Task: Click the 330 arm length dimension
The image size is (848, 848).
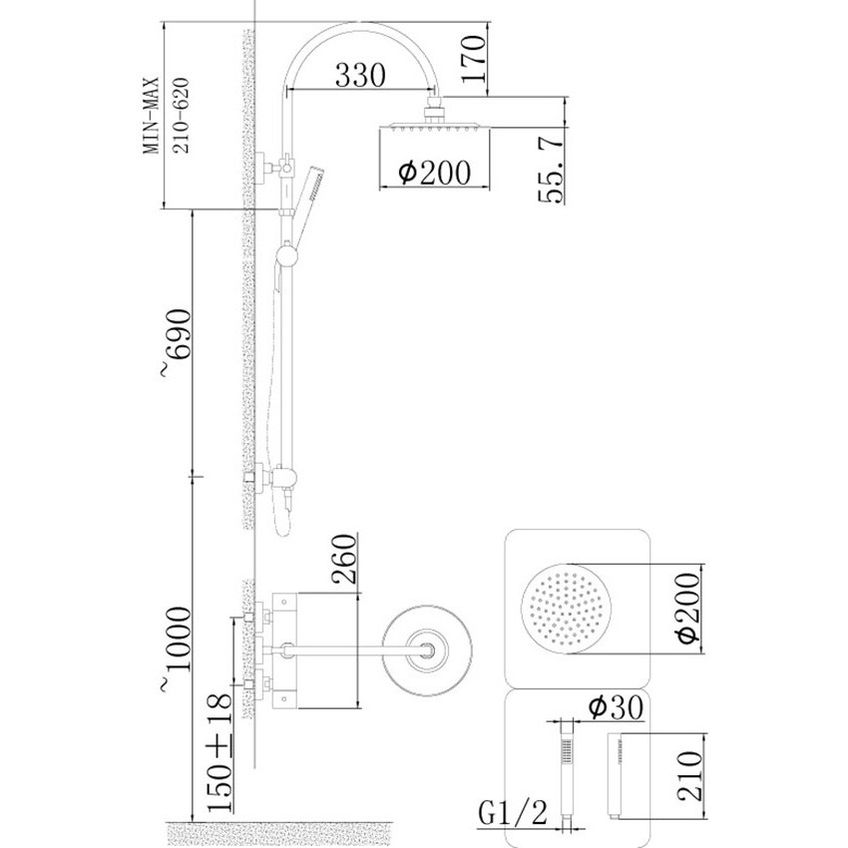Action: pyautogui.click(x=360, y=75)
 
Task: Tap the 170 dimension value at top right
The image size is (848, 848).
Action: pyautogui.click(x=474, y=59)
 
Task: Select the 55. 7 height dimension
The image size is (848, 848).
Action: pyautogui.click(x=551, y=170)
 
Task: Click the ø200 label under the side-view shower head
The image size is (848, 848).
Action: pyautogui.click(x=434, y=173)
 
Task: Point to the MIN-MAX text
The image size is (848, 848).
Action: pyautogui.click(x=152, y=116)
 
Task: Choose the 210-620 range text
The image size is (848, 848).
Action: pyautogui.click(x=183, y=116)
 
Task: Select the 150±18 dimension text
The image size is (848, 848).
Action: pyautogui.click(x=219, y=752)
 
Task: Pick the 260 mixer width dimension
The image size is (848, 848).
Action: pyautogui.click(x=345, y=559)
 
